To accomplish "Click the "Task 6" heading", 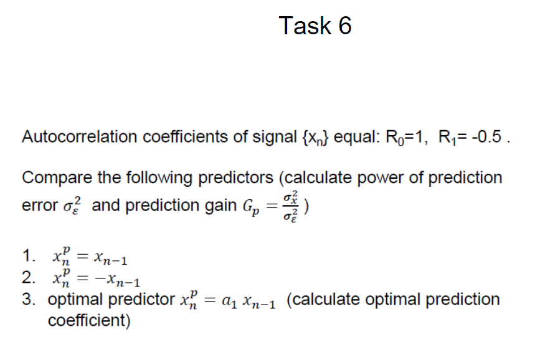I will (315, 26).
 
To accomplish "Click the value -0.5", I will (483, 137).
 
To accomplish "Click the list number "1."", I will (27, 257).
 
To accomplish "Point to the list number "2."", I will (27, 278).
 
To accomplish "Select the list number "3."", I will (27, 300).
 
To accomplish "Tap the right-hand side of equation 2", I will (118, 279).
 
